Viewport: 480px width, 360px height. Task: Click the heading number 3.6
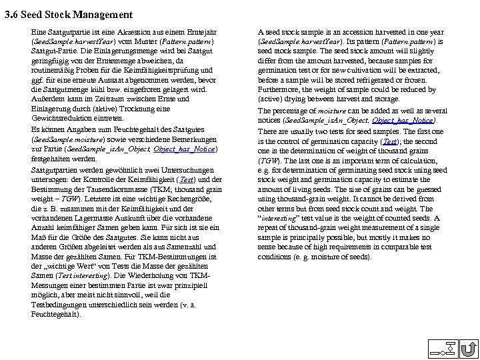coord(12,14)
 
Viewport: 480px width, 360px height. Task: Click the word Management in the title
coord(106,14)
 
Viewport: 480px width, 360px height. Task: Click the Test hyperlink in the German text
coord(188,180)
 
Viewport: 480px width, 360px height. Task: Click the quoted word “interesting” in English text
coord(283,218)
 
